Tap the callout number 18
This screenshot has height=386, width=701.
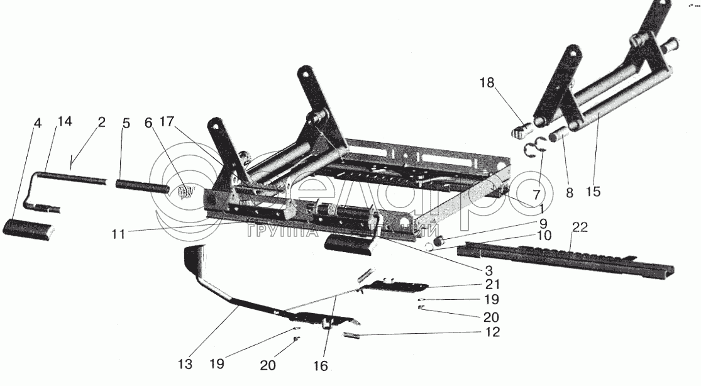(487, 82)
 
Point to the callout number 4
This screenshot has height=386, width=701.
(38, 123)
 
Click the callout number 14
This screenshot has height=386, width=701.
(65, 122)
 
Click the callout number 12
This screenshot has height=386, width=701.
(492, 332)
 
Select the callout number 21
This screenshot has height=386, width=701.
(492, 284)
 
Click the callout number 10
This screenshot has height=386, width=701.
(544, 236)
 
